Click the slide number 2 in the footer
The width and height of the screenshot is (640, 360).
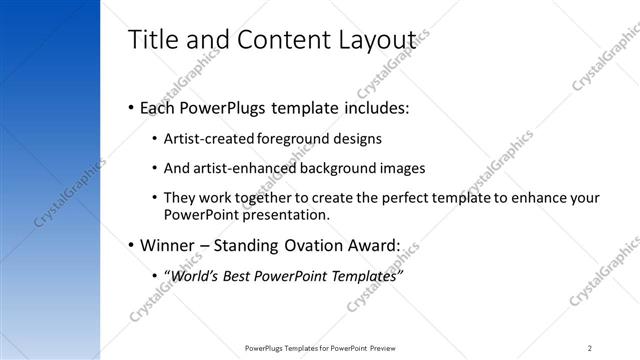590,348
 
